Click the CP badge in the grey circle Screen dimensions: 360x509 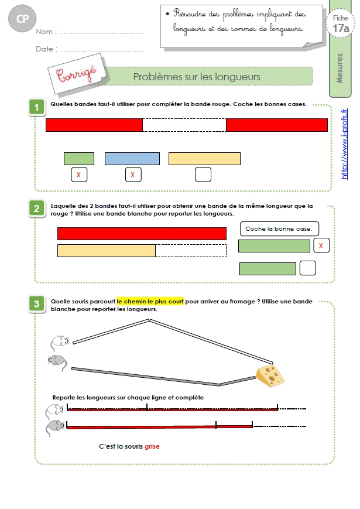pos(22,19)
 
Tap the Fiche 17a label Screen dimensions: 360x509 pos(341,24)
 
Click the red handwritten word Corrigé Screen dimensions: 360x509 pos(77,74)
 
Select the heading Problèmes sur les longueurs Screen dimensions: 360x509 pos(197,77)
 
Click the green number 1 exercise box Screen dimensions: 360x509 pos(37,107)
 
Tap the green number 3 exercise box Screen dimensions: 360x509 pos(37,304)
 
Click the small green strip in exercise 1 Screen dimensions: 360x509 pos(79,159)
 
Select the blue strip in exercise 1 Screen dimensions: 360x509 pos(132,159)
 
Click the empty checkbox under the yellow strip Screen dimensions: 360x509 pos(203,175)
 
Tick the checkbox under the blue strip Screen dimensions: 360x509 pos(133,175)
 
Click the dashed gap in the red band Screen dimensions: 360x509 pos(184,125)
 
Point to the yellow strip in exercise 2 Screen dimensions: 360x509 pos(107,251)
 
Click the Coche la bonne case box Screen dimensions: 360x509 pos(279,229)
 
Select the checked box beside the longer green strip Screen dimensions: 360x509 pos(321,245)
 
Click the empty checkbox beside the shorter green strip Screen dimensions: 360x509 pos(307,268)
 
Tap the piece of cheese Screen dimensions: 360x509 pos(270,376)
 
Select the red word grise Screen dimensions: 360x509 pos(152,446)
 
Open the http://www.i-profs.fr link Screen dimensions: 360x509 pos(344,144)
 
